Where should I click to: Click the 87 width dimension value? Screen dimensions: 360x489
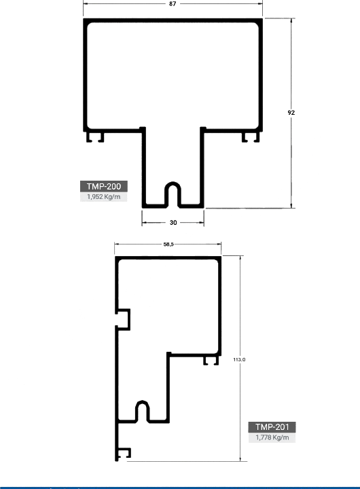pos(173,4)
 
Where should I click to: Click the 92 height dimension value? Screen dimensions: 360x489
pos(291,113)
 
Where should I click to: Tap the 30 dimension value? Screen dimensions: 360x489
pos(173,222)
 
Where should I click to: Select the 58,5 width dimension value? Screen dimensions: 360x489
pos(168,244)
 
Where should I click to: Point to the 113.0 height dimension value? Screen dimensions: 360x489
pos(239,359)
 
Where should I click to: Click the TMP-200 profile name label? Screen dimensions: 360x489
pos(103,187)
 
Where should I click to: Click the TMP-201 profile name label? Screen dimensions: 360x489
pos(272,427)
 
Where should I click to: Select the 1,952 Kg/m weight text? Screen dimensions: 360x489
pos(103,197)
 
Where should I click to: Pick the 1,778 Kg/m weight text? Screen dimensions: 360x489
pos(272,437)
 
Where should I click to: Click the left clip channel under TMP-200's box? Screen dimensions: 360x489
pos(95,137)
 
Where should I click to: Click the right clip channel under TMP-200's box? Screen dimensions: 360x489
pos(251,137)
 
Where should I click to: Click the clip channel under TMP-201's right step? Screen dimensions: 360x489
pos(211,361)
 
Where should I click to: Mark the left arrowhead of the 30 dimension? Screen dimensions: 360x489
pos(145,222)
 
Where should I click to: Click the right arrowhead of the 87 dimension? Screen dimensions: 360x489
pos(260,4)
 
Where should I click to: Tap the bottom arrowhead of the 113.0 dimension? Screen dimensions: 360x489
pos(240,458)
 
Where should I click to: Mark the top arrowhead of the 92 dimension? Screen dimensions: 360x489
pos(291,21)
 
